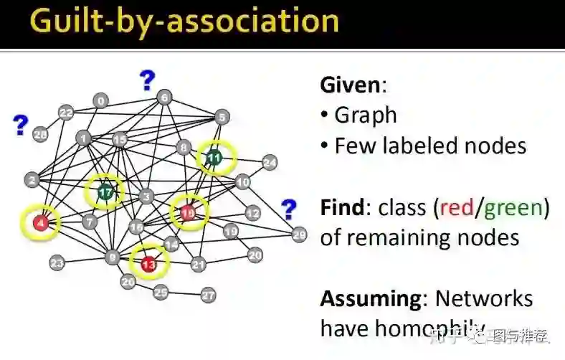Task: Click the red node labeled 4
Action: click(42, 223)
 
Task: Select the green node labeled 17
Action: click(105, 191)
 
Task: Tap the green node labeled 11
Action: click(214, 158)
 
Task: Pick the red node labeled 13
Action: click(148, 265)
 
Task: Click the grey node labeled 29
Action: click(299, 234)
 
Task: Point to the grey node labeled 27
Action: click(208, 295)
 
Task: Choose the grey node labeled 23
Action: click(57, 263)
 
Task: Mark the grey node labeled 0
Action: click(101, 101)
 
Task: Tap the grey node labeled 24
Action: click(269, 163)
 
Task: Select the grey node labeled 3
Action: click(146, 196)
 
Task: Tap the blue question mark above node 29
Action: click(288, 209)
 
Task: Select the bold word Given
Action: click(350, 85)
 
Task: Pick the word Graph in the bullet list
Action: click(365, 115)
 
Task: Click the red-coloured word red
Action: click(457, 208)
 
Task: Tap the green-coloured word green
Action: click(513, 209)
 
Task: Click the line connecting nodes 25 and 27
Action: click(185, 293)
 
